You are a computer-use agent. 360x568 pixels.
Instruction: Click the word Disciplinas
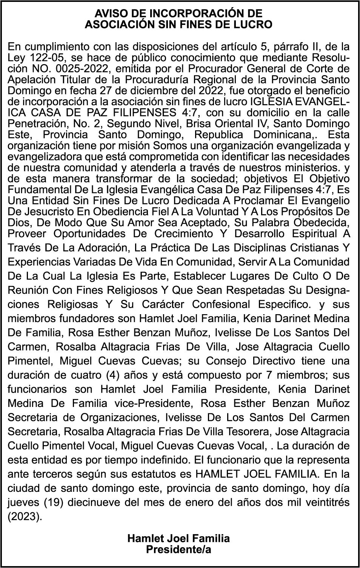(x=270, y=248)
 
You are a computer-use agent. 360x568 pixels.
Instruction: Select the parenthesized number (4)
(x=114, y=375)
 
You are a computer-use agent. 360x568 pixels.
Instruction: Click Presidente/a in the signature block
(x=178, y=550)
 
